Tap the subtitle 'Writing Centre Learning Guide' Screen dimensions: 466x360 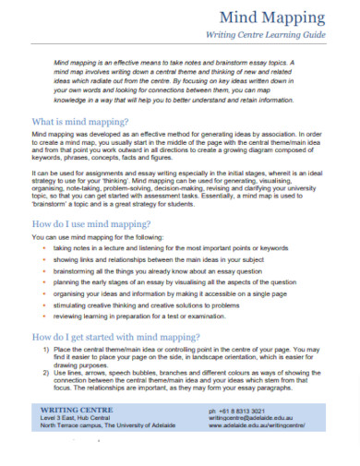pos(277,35)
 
